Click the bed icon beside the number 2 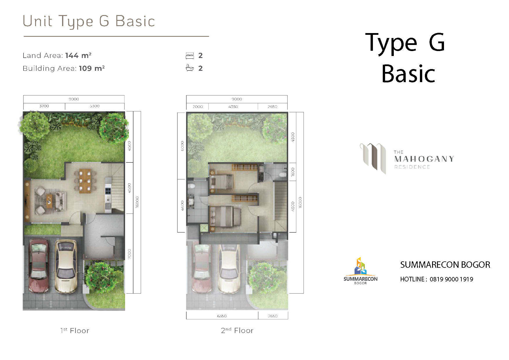click(x=189, y=55)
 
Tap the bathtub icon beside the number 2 click(x=189, y=68)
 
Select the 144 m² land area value click(x=78, y=55)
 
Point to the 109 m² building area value click(x=92, y=68)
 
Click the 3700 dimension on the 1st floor click(x=44, y=106)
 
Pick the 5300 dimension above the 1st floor click(x=95, y=106)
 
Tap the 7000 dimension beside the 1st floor click(x=129, y=254)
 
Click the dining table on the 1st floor click(x=85, y=181)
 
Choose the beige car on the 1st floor click(x=66, y=266)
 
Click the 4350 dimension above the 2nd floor click(x=233, y=107)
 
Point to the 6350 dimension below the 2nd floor click(x=222, y=316)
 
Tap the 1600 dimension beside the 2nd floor click(x=293, y=172)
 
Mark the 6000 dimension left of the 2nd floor click(x=182, y=146)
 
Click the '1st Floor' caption click(x=75, y=330)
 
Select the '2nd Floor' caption click(x=237, y=330)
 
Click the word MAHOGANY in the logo click(x=424, y=159)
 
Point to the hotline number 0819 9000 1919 click(x=451, y=279)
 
